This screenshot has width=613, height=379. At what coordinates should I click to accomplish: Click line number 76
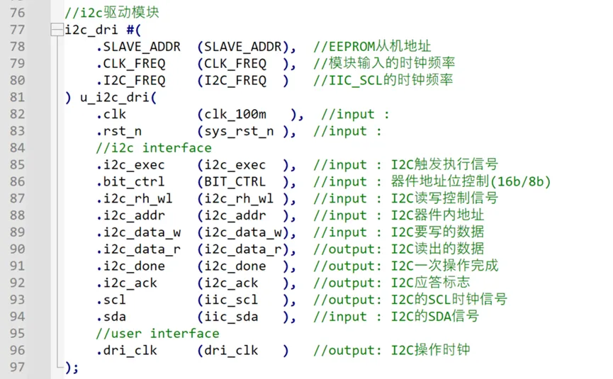(16, 13)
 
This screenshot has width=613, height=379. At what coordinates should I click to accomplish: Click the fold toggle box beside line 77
(57, 30)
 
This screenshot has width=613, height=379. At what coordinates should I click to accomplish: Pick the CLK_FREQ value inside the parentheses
(235, 64)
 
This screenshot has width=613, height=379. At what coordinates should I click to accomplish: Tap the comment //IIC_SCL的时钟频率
(383, 81)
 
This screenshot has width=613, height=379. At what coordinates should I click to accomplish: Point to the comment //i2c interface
(154, 148)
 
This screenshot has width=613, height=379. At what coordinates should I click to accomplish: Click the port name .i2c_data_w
(138, 232)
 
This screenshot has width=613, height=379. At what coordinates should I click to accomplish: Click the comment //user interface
(157, 334)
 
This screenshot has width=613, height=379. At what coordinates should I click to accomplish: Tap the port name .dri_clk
(127, 351)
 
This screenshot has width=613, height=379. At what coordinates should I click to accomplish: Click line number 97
(16, 367)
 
